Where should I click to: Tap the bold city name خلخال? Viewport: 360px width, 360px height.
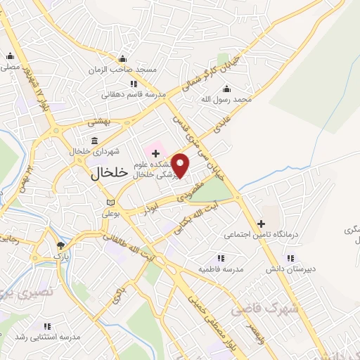pos(109,174)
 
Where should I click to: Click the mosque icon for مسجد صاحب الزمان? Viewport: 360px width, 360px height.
pos(123,58)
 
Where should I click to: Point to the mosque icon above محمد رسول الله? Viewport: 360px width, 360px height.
pos(226,89)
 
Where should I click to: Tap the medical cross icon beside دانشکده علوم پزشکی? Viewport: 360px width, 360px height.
pos(155,153)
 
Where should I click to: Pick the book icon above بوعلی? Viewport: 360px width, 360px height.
pos(108,202)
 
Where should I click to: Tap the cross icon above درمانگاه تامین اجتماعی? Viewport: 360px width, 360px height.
pos(261,224)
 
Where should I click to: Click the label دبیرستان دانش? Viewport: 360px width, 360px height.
pos(285,269)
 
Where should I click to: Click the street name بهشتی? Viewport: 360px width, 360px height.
pos(98,122)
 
